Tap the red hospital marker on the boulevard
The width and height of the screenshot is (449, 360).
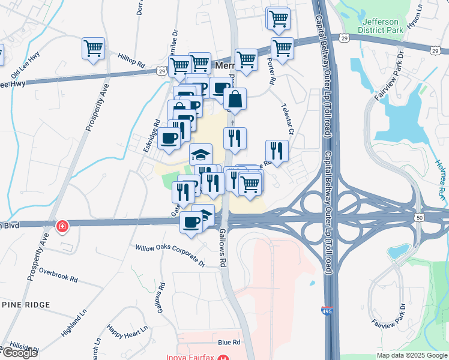click(x=62, y=226)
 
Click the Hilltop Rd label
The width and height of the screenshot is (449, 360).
click(x=131, y=59)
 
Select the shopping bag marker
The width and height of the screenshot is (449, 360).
click(x=235, y=99)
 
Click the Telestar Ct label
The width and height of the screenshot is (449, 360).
click(x=288, y=118)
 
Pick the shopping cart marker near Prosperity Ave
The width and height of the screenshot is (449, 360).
click(x=94, y=48)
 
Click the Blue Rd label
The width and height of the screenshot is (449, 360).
click(x=229, y=342)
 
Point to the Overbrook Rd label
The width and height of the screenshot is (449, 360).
click(x=58, y=275)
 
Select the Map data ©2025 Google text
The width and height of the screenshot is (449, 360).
click(x=412, y=355)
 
